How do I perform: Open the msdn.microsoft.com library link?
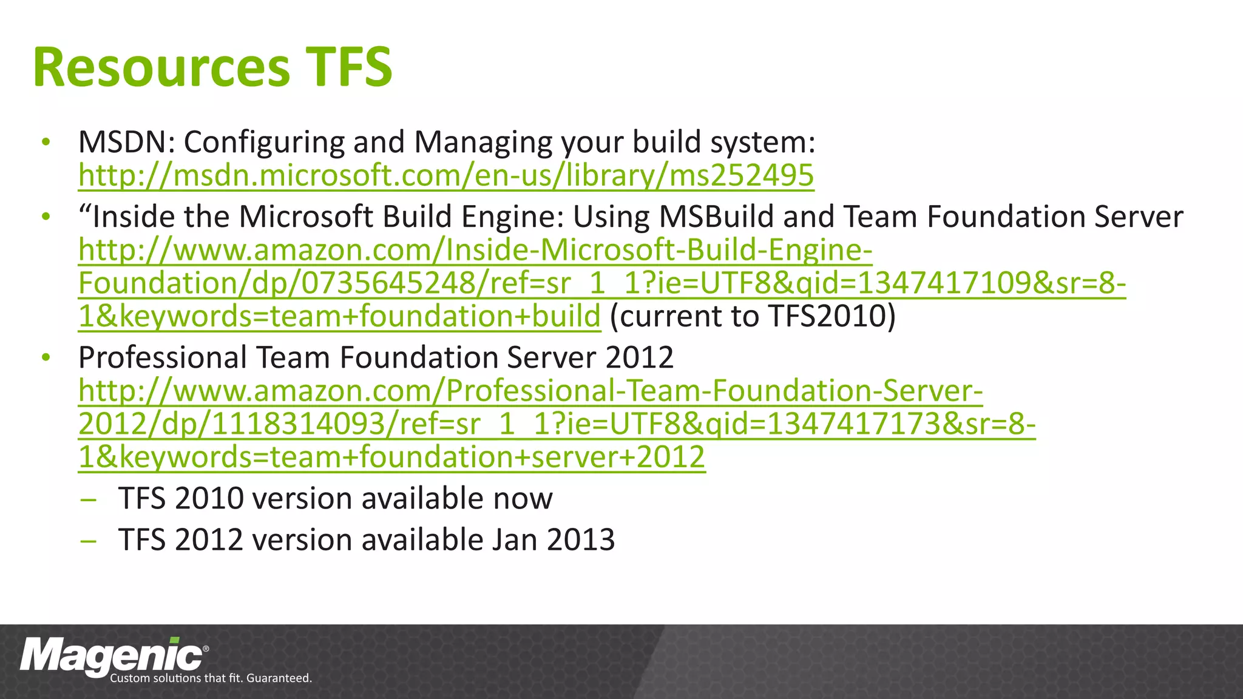pyautogui.click(x=446, y=175)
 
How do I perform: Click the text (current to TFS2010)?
pyautogui.click(x=753, y=316)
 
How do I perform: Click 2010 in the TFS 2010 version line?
pyautogui.click(x=209, y=499)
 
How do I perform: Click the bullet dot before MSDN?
pyautogui.click(x=46, y=143)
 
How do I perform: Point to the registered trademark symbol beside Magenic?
pyautogui.click(x=206, y=649)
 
